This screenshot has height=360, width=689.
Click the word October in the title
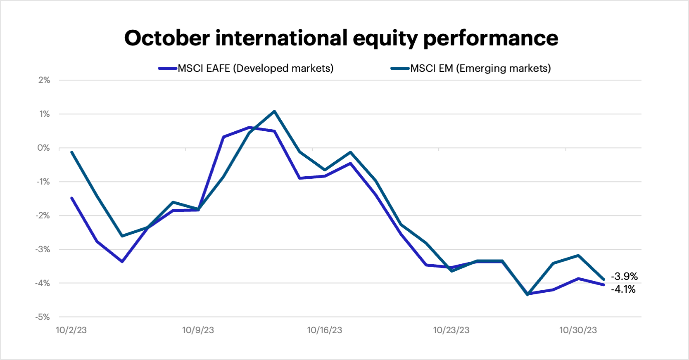(x=167, y=38)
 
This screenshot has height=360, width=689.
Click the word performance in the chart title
(x=490, y=39)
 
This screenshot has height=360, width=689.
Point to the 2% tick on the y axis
(x=44, y=80)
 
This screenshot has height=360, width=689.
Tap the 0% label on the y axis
(x=43, y=148)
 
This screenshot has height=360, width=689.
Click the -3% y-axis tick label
(x=43, y=249)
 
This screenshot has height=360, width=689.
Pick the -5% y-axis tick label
(x=43, y=317)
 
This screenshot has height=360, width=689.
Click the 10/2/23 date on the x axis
(x=71, y=330)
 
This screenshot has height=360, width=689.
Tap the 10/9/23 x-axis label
(x=198, y=330)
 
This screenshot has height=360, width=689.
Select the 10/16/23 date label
(x=324, y=330)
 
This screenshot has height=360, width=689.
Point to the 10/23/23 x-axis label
(x=451, y=330)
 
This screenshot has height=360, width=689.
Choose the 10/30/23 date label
(x=578, y=330)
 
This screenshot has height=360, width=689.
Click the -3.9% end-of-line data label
(x=624, y=276)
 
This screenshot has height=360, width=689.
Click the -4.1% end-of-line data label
(x=623, y=289)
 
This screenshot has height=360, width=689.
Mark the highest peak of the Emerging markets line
(x=274, y=111)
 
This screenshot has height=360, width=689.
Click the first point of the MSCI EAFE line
(x=72, y=198)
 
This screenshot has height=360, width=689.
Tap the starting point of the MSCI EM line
(x=72, y=152)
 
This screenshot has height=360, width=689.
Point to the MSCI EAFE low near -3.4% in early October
(x=122, y=262)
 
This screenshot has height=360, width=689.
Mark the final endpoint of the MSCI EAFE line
(x=604, y=284)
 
